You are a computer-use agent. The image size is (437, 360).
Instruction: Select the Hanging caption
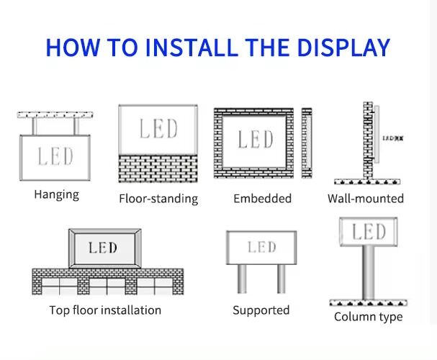click(x=56, y=194)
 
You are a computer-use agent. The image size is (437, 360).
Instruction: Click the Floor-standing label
click(x=158, y=199)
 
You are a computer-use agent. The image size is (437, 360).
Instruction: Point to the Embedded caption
click(x=262, y=198)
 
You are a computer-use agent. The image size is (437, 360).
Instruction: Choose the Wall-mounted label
click(x=365, y=198)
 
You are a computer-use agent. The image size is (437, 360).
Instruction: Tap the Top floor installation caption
click(x=105, y=310)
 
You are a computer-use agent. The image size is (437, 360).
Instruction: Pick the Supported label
click(x=261, y=310)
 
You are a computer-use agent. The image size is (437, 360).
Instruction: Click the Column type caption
click(x=368, y=317)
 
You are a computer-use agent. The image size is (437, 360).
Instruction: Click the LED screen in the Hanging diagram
click(x=55, y=156)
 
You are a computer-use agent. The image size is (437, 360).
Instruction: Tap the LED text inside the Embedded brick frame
click(x=256, y=139)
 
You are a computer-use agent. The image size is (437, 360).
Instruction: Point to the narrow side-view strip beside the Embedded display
click(x=307, y=143)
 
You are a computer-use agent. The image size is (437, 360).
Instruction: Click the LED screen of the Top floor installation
click(x=103, y=248)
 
